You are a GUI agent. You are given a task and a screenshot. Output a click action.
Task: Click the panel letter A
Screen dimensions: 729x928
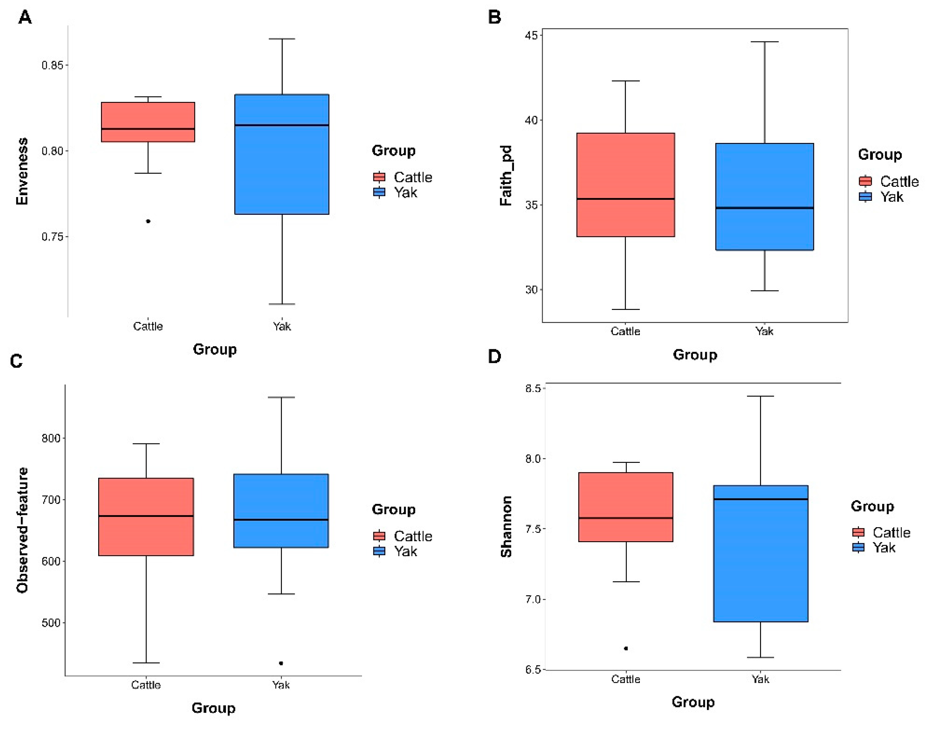click(x=25, y=17)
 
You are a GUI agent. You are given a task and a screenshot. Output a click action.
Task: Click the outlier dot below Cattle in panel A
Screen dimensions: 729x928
click(x=148, y=221)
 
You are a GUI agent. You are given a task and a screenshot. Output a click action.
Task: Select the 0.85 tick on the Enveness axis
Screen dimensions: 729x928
click(x=52, y=65)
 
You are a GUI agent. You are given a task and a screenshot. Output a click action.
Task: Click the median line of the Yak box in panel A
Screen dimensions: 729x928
click(x=282, y=125)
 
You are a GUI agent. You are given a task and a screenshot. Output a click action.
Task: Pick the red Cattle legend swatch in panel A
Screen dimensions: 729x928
click(x=379, y=177)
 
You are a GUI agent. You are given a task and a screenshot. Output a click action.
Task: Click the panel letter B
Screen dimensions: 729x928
click(x=494, y=17)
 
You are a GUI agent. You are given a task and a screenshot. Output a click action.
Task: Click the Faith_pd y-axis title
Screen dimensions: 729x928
click(x=506, y=175)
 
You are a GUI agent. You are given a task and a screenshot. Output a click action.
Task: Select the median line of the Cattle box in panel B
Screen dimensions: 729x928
click(x=626, y=199)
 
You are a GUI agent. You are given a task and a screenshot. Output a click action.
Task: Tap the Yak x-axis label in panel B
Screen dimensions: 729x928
click(x=764, y=331)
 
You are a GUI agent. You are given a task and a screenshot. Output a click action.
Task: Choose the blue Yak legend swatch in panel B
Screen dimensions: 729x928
click(x=865, y=196)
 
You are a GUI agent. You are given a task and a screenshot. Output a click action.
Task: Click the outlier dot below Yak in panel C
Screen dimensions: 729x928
click(x=281, y=663)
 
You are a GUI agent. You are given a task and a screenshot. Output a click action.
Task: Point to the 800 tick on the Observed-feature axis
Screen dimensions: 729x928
click(x=51, y=438)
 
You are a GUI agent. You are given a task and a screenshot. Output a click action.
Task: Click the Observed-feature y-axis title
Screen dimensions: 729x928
click(x=22, y=530)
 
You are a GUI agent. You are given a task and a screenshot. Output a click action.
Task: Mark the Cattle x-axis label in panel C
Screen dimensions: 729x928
click(x=146, y=685)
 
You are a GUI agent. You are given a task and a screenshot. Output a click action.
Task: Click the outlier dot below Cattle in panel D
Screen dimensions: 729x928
click(x=626, y=648)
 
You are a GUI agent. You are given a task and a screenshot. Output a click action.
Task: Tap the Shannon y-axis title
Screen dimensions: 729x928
click(x=506, y=527)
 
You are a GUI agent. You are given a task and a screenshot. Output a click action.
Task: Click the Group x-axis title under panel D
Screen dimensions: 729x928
click(x=693, y=702)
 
